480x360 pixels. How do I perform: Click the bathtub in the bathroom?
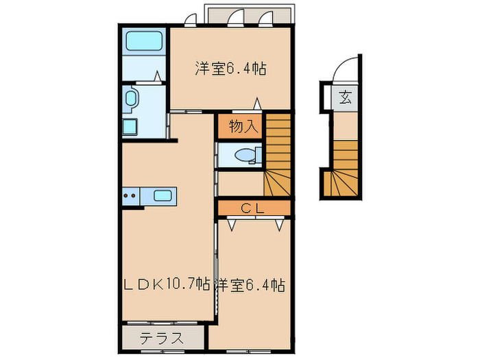coord(144,42)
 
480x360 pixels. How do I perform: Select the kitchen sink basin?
coord(163,196)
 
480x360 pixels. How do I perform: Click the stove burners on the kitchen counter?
coord(130,196)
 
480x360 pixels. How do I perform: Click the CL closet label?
coord(254,207)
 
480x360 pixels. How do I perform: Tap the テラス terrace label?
coord(163,338)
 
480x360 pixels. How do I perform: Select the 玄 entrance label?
coord(345,97)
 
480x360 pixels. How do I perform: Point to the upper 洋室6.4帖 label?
coord(230,69)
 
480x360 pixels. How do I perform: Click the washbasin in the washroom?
coord(131,99)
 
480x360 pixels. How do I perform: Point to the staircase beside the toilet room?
coord(278,154)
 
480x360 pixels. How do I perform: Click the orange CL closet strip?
coord(254,207)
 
